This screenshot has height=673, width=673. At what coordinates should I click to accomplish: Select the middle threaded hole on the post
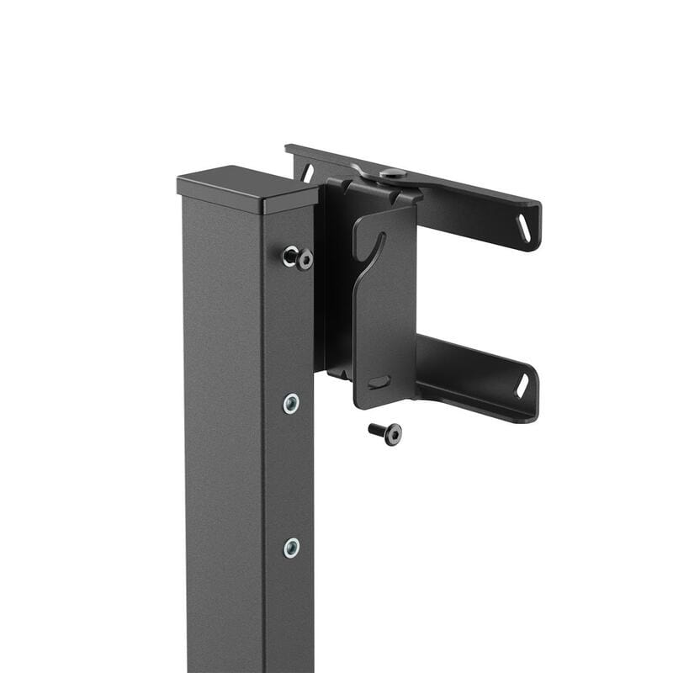coord(291,404)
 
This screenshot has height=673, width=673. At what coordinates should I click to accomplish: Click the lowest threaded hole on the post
coord(291,548)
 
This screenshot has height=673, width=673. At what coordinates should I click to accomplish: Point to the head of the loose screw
coord(392,434)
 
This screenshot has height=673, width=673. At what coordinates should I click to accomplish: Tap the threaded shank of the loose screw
coord(376,429)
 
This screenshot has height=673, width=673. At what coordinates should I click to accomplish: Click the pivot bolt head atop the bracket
coord(393,173)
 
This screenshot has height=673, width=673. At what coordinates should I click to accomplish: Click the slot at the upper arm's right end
coord(524,228)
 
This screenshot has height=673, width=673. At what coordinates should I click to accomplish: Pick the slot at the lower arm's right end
coord(522,385)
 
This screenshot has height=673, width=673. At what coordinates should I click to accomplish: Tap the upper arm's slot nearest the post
coord(308,172)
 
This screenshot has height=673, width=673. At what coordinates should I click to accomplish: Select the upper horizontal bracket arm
coord(471,202)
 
